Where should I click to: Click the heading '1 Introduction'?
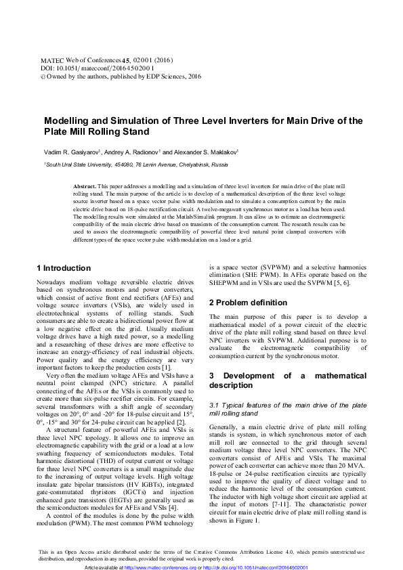tap(63, 268)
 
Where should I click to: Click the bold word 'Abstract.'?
tap(84, 185)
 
